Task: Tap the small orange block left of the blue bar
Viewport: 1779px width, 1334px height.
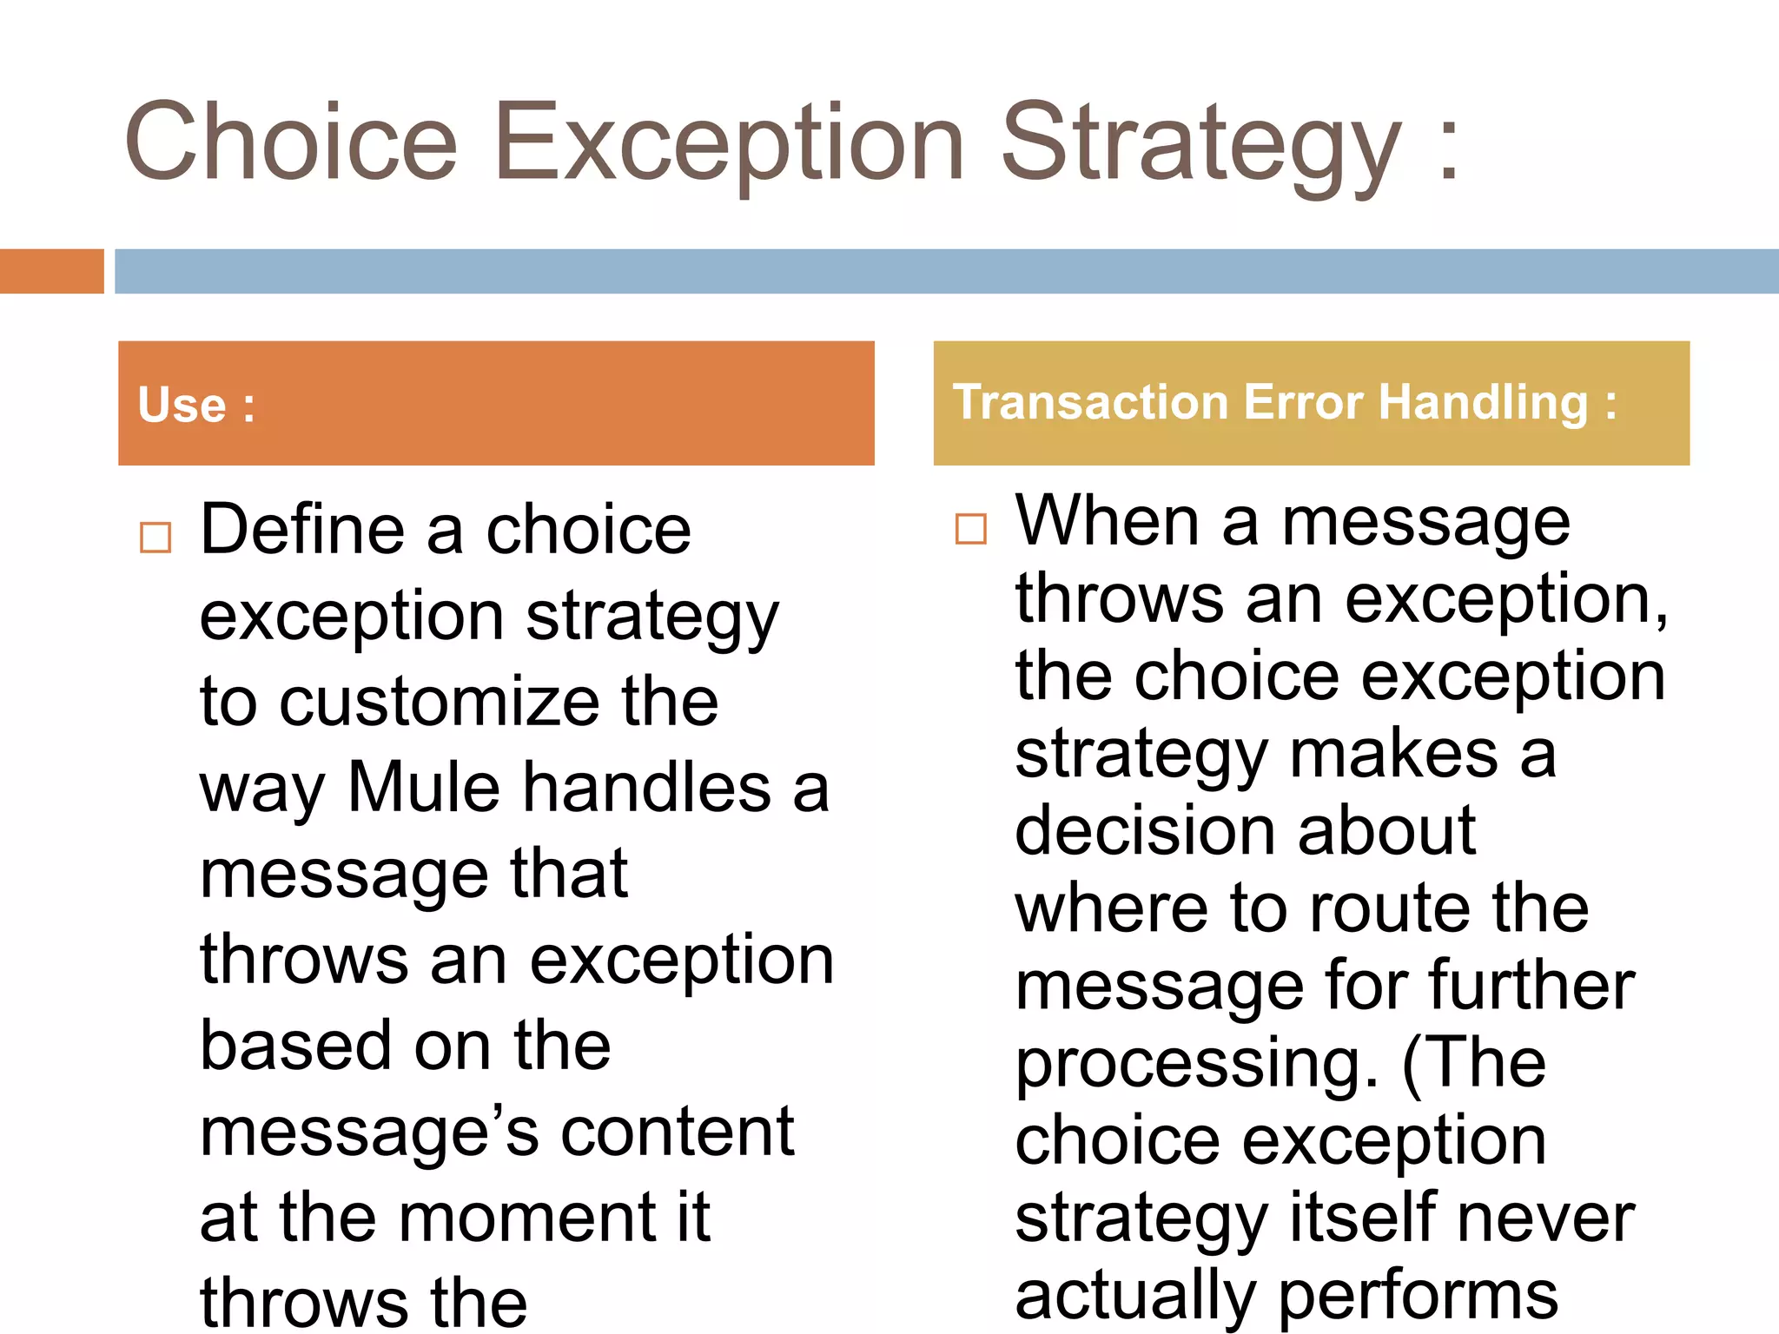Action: click(51, 271)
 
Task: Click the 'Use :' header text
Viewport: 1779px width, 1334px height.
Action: click(196, 405)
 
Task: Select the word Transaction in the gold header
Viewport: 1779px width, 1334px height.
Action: click(1091, 403)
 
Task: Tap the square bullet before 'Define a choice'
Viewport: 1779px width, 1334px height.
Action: click(155, 538)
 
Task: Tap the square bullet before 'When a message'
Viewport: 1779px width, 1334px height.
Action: click(970, 529)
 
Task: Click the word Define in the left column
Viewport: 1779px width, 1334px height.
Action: click(302, 530)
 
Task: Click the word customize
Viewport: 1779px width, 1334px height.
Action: click(439, 702)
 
